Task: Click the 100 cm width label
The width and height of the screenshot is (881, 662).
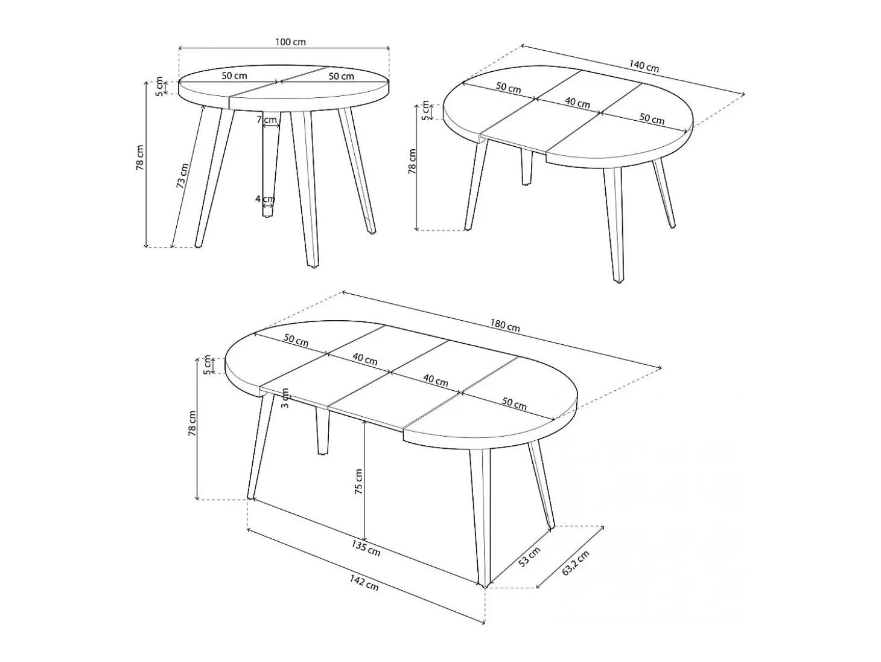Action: tap(290, 42)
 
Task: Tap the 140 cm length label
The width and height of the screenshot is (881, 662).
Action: tap(644, 66)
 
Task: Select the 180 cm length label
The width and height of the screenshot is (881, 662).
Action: tap(504, 326)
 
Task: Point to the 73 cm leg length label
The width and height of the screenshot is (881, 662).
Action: tap(182, 176)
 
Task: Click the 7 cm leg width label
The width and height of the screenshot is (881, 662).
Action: tap(267, 120)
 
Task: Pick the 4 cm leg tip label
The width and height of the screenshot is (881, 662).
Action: tap(266, 199)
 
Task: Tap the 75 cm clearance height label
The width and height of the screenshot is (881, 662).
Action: tap(358, 481)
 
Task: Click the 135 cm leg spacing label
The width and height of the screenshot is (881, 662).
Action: tap(366, 548)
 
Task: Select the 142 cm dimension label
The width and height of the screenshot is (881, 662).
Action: tap(364, 582)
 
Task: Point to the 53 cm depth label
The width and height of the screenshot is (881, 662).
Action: tap(529, 556)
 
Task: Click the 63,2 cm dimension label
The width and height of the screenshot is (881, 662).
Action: tap(575, 563)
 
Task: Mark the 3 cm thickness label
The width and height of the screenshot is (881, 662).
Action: tap(285, 397)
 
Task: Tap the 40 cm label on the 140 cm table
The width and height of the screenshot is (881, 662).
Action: tap(577, 103)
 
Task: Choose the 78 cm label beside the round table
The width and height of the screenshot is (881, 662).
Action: tap(139, 158)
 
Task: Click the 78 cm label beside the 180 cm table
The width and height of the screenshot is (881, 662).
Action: tap(192, 423)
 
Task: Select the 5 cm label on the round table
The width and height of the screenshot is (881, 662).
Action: tap(159, 86)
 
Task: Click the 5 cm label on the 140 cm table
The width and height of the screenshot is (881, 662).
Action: tap(425, 111)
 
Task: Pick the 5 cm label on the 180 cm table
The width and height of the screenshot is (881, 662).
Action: tap(207, 365)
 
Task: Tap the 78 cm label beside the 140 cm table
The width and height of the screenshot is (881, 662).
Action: tap(412, 161)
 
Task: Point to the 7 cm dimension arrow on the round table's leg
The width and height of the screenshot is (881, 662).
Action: tap(271, 126)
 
